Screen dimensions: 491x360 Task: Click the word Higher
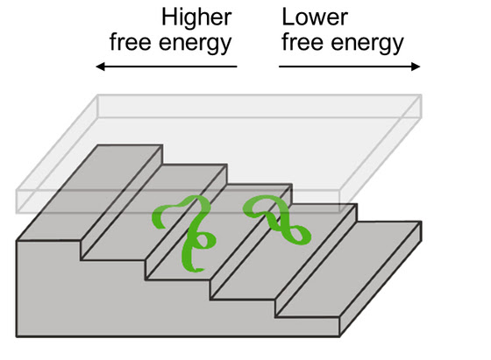(x=196, y=18)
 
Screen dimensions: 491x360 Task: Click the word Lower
(x=315, y=17)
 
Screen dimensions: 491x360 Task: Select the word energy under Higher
(x=195, y=44)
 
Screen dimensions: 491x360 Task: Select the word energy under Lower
(x=367, y=44)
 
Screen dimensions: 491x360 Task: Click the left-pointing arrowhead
(x=100, y=67)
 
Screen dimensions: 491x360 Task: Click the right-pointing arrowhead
(x=416, y=67)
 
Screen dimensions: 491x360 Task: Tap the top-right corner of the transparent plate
(x=422, y=95)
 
